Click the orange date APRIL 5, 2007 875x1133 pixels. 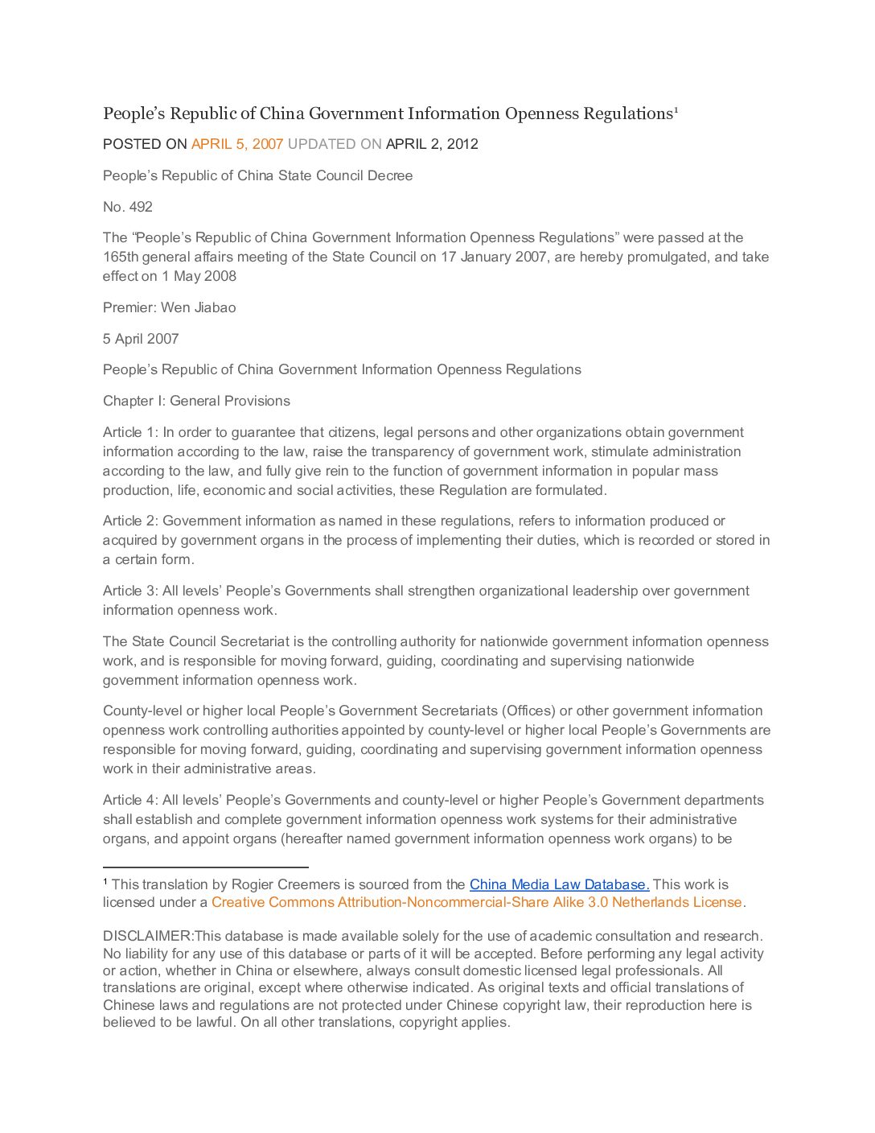coord(237,144)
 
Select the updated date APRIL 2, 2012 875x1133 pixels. coord(432,144)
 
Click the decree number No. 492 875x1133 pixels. coord(128,207)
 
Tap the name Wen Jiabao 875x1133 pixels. coord(198,307)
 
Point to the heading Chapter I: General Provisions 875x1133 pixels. coord(196,401)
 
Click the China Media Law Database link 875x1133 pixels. coord(559,884)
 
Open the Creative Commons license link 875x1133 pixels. coord(476,902)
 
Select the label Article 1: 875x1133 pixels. coord(130,432)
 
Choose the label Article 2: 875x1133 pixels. coord(130,521)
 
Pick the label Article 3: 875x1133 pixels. coord(130,591)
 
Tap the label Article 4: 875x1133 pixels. coord(130,800)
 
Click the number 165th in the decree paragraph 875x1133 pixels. coord(121,257)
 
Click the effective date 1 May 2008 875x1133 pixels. coord(199,276)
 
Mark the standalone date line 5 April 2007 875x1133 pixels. coord(141,339)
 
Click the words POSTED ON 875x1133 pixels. coord(145,144)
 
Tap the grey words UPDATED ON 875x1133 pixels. coord(335,144)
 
